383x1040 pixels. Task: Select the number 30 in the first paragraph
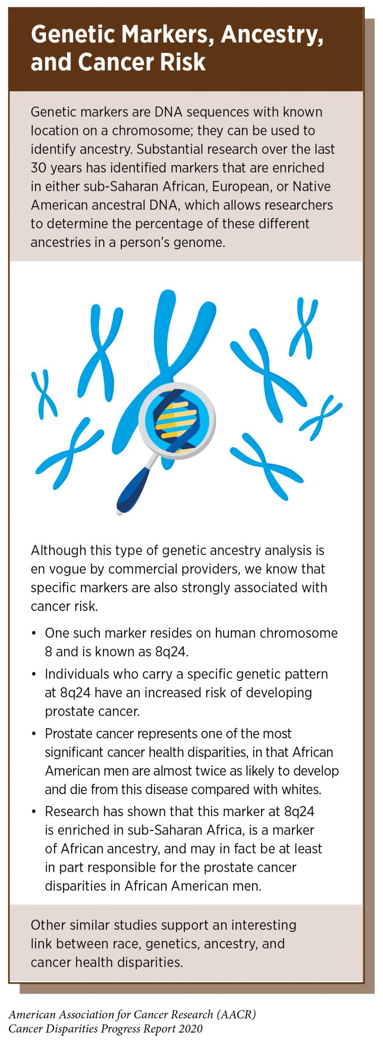[39, 168]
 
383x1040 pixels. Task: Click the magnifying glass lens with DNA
[177, 421]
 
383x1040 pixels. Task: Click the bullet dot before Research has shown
[34, 812]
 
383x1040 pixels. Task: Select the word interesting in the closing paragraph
[264, 925]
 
